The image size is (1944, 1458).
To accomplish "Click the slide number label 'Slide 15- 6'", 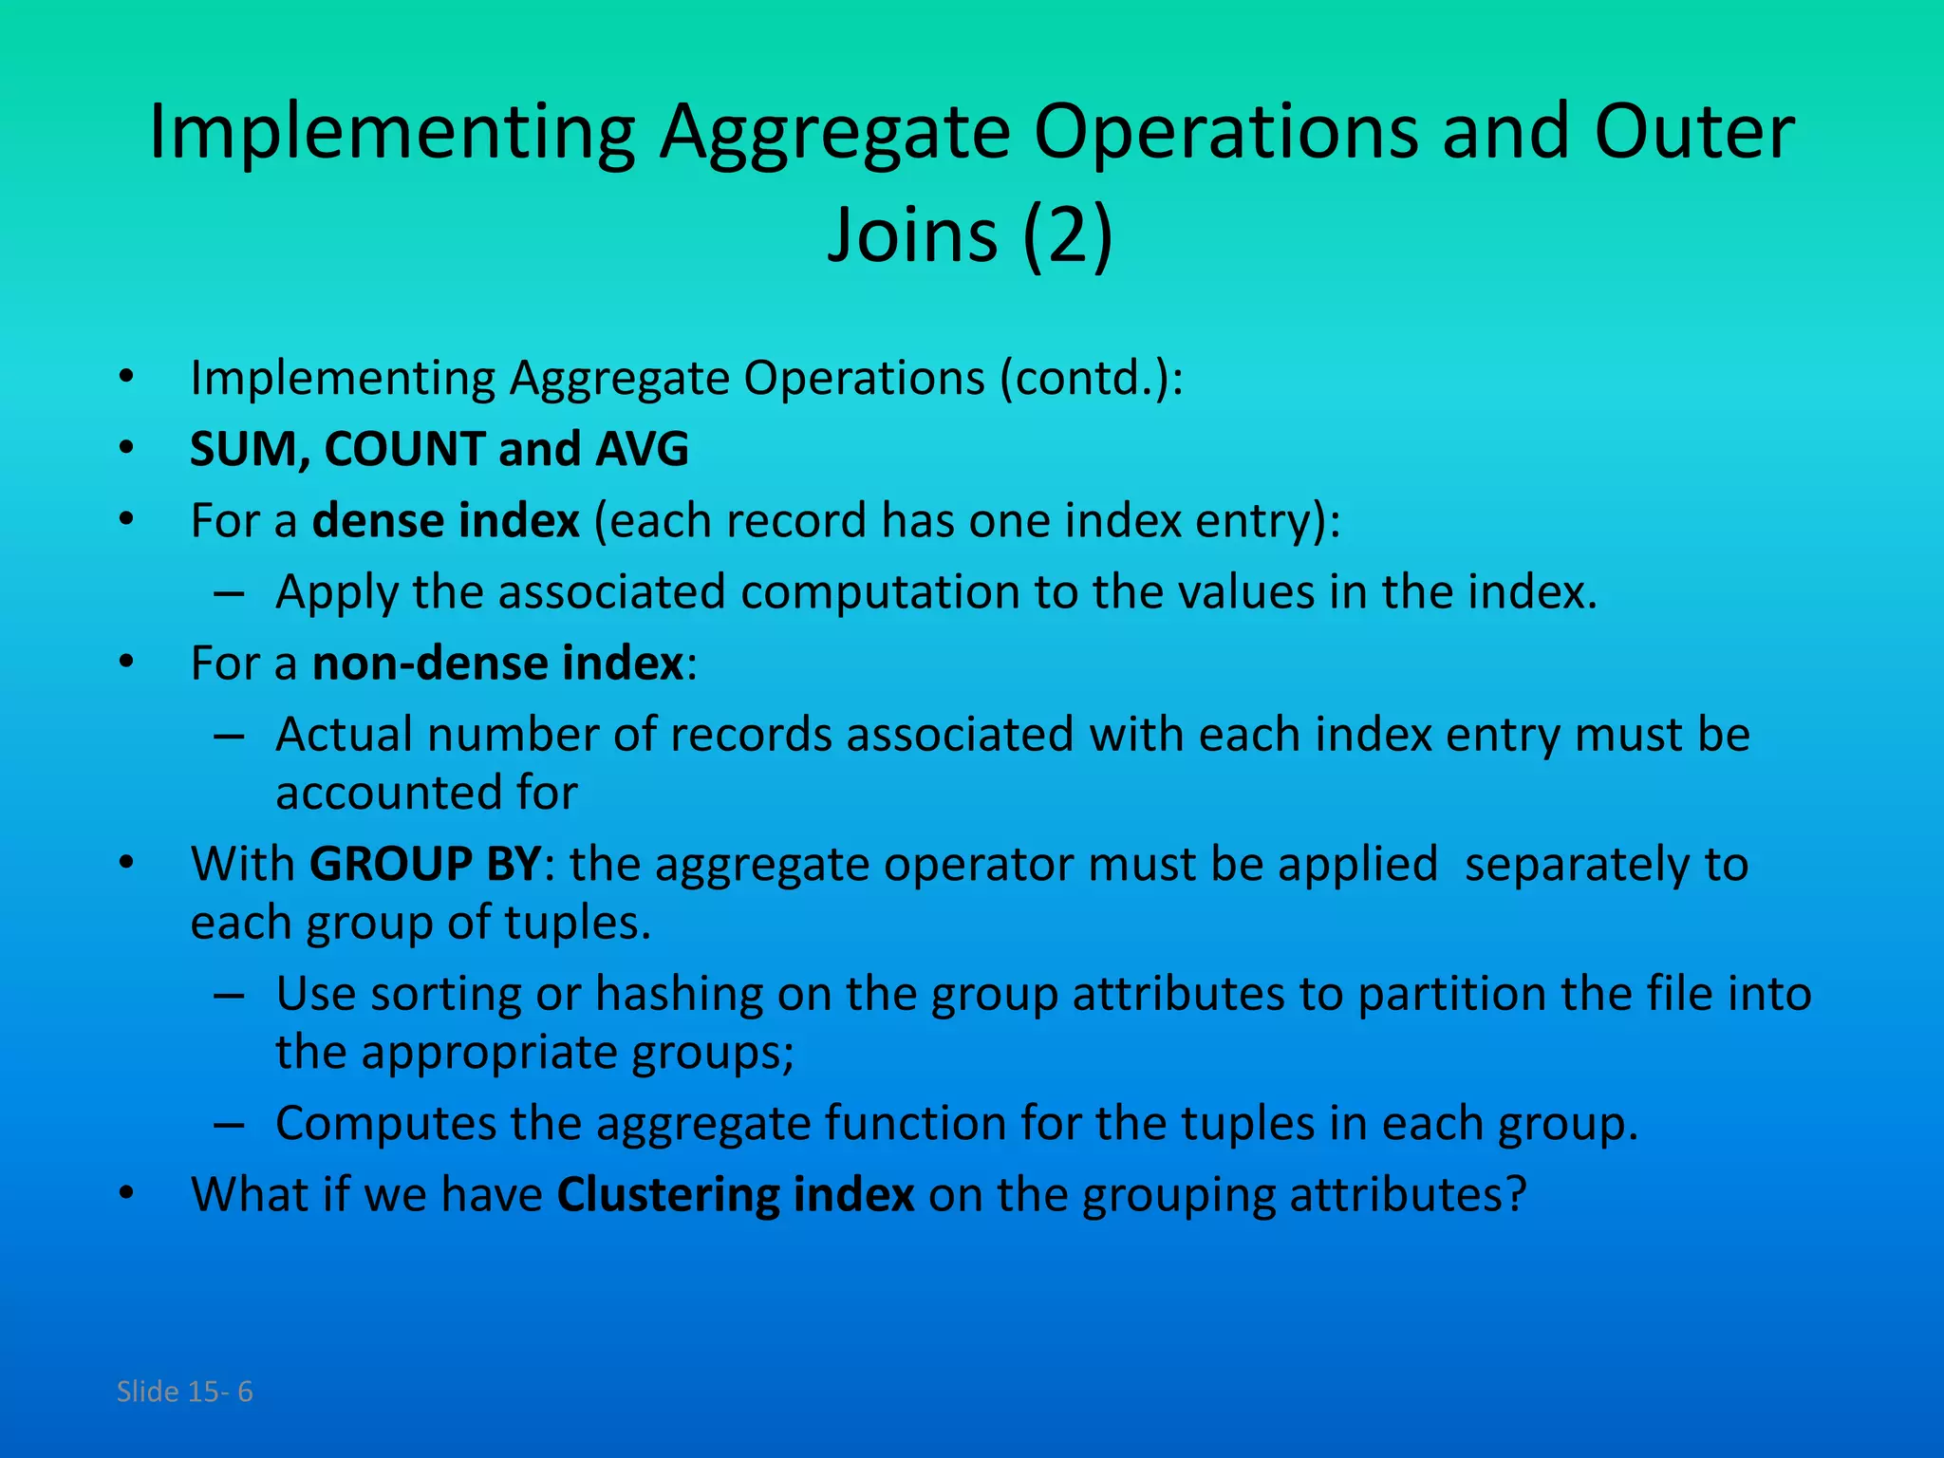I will click(184, 1392).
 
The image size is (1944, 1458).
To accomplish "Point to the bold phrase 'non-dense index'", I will click(497, 663).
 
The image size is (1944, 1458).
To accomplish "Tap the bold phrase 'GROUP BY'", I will click(425, 864).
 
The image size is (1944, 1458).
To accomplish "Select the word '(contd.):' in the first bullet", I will click(1092, 379).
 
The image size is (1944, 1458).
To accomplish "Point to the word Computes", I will click(385, 1123).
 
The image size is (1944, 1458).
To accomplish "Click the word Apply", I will click(336, 592).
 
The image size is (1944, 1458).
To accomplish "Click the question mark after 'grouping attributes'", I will click(1516, 1194).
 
